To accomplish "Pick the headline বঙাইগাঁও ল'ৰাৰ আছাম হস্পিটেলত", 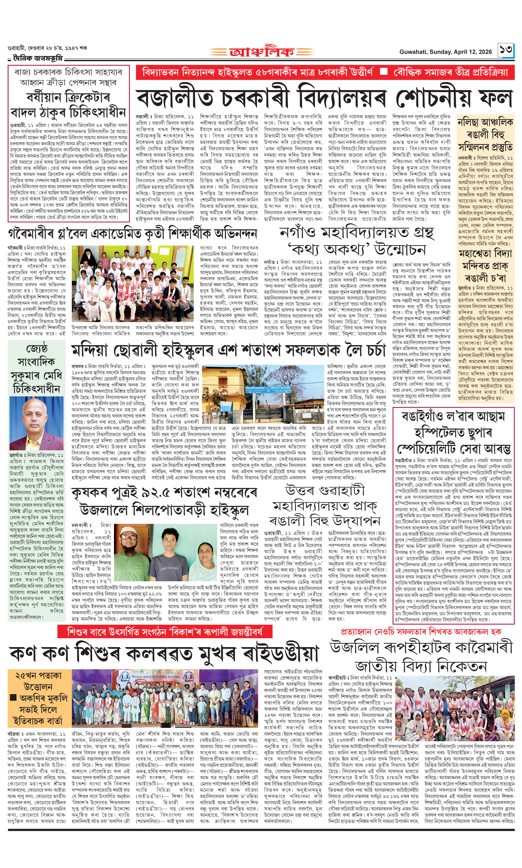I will coord(454,433).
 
